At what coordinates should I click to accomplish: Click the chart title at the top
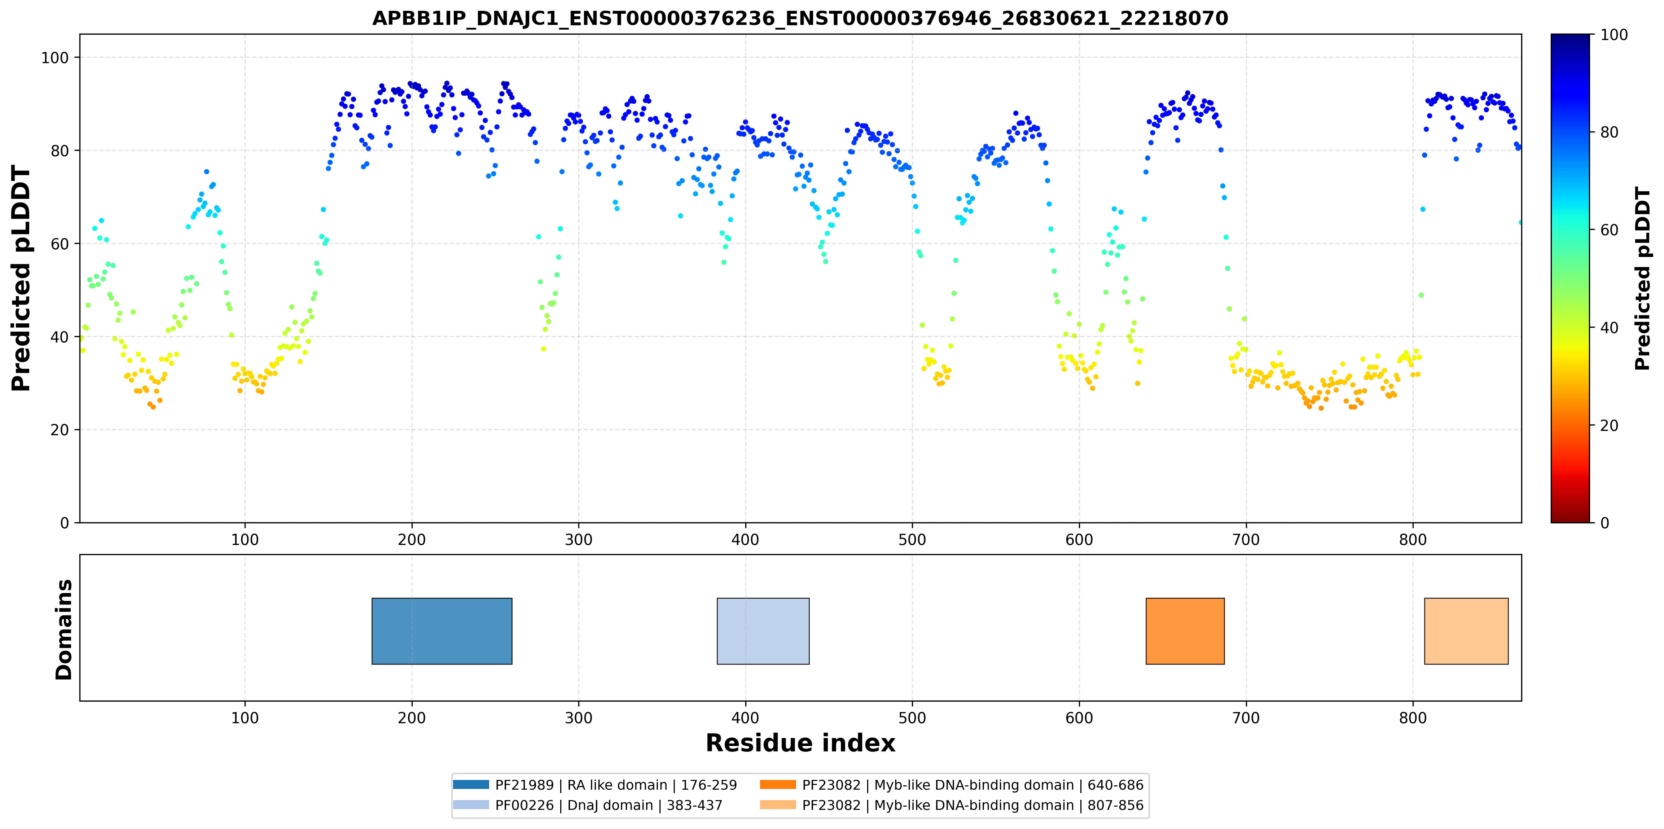click(800, 18)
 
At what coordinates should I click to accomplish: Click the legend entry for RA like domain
click(595, 785)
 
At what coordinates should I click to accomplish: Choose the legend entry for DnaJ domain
click(588, 805)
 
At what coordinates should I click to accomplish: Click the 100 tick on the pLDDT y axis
click(55, 57)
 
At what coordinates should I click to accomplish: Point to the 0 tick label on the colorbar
click(1604, 523)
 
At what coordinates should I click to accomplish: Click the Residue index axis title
click(800, 743)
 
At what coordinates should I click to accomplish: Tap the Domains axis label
click(64, 629)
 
